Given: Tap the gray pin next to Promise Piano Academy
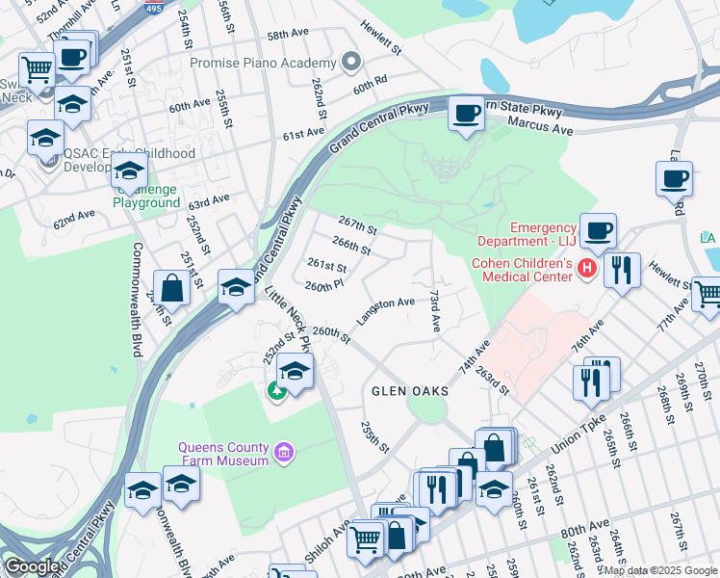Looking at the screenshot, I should point(351,64).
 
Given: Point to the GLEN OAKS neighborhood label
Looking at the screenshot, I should point(406,390).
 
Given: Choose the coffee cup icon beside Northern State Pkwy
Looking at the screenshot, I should point(467,114).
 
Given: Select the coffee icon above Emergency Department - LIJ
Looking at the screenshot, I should point(598,230).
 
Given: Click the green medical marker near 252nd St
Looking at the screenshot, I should point(275,390).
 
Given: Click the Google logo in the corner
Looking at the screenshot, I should point(31,566).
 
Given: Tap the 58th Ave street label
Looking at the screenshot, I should point(286,35).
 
